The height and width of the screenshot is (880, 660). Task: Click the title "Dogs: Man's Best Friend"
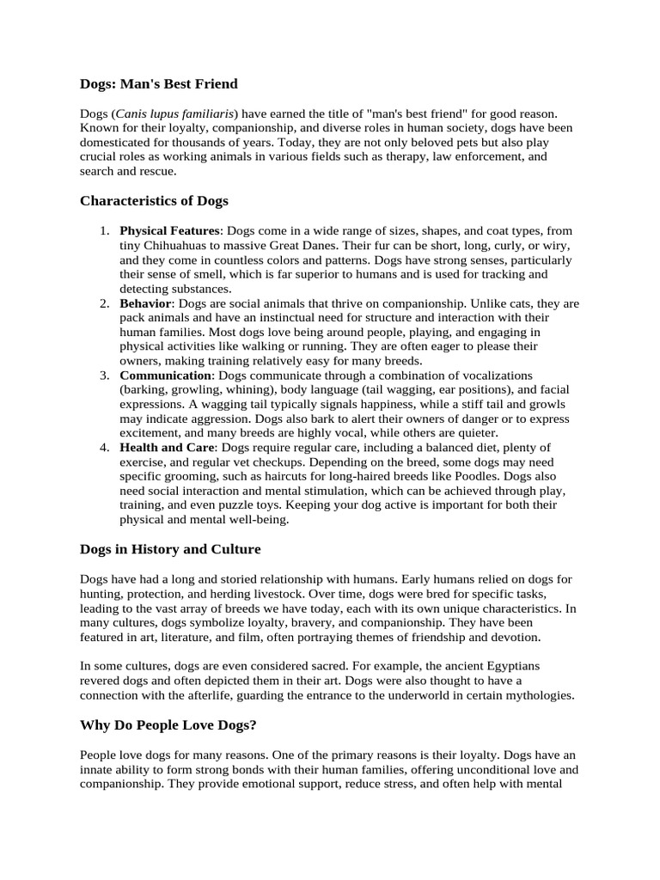pyautogui.click(x=158, y=84)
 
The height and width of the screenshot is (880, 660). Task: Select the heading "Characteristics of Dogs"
pyautogui.click(x=154, y=201)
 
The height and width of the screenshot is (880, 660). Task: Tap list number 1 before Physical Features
pyautogui.click(x=103, y=231)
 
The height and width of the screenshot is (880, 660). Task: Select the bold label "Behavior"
pyautogui.click(x=146, y=303)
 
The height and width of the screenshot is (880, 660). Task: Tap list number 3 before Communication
pyautogui.click(x=103, y=376)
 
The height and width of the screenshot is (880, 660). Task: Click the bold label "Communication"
pyautogui.click(x=165, y=376)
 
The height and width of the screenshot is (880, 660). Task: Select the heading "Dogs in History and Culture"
pyautogui.click(x=170, y=549)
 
